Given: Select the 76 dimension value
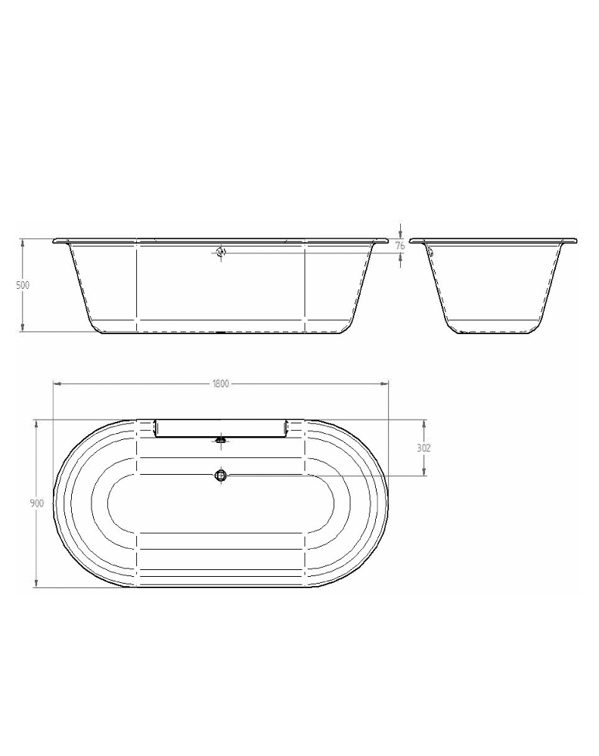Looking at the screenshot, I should click(400, 246).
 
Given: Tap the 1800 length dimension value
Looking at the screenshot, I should click(220, 384).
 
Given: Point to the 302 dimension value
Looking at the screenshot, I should click(424, 448).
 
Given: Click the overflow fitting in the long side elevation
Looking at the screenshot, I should click(221, 253).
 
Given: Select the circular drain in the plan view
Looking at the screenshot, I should click(221, 475).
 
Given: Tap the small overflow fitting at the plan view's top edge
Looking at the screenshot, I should click(221, 438).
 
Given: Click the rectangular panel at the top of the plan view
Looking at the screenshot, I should click(220, 429).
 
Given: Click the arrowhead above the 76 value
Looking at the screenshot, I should click(400, 235).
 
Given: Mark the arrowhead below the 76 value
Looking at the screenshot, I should click(400, 256).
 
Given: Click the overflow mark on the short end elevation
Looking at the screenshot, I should click(428, 249).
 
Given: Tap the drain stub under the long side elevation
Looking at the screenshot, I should click(221, 333).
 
